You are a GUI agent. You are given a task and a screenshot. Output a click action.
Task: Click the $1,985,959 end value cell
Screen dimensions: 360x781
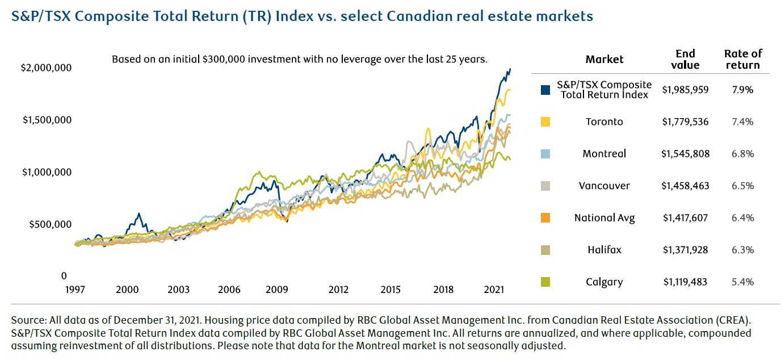685,90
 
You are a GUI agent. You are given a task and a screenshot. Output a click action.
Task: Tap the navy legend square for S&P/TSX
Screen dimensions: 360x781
546,90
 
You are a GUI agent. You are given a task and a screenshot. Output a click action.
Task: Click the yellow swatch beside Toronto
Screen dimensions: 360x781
546,122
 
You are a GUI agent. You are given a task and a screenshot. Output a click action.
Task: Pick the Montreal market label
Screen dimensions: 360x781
604,154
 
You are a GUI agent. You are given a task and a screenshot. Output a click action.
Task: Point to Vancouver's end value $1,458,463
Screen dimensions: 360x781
685,186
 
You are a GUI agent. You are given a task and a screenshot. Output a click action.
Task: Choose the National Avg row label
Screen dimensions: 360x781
604,217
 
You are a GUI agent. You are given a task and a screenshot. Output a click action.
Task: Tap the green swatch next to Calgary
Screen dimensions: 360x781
546,282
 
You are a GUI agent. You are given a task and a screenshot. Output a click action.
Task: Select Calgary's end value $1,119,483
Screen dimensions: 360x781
685,282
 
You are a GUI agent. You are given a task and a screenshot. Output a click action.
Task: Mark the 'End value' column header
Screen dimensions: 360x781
685,59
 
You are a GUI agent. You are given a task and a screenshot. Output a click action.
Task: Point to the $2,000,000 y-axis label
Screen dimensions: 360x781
46,68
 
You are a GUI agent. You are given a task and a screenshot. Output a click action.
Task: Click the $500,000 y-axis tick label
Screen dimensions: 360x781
49,224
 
